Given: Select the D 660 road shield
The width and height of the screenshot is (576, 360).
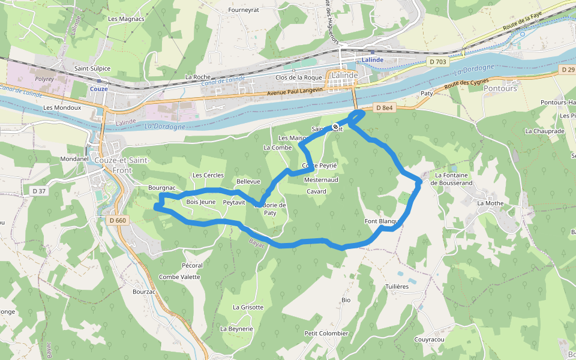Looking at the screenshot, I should [x=118, y=220].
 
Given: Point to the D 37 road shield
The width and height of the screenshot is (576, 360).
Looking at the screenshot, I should [x=39, y=191].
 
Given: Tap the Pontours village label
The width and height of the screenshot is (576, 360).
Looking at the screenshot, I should [x=500, y=88].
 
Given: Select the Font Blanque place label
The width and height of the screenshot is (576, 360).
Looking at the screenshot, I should [x=382, y=221].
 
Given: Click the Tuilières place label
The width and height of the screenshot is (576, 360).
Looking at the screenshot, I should [x=397, y=287].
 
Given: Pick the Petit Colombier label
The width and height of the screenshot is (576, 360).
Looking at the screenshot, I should [x=326, y=334].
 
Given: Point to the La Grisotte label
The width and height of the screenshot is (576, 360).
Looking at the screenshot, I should [x=248, y=307].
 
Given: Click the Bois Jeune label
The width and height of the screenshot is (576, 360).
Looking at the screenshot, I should [x=200, y=202].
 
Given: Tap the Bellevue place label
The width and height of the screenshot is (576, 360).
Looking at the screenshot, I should [x=248, y=181].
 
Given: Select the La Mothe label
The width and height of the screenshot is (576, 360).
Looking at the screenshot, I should [x=490, y=203].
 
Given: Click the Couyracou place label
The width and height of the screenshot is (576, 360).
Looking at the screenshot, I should [x=429, y=340].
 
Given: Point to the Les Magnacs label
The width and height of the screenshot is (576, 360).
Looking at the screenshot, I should [x=126, y=19].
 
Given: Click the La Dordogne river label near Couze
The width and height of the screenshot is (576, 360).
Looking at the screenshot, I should [x=165, y=127].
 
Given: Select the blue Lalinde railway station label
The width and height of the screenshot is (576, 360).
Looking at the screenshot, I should [x=373, y=60].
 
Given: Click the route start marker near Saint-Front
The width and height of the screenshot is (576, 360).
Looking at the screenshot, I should [x=335, y=127].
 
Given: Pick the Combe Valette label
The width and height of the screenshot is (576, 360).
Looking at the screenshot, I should [x=179, y=277].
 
